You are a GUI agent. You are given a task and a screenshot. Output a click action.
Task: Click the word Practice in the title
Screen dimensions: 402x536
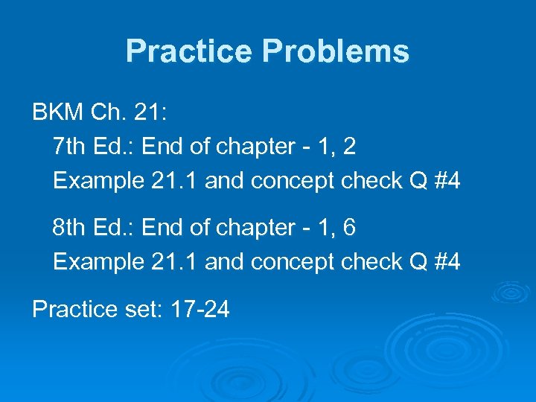[190, 51]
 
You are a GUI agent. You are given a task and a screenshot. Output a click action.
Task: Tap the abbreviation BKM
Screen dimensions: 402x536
[57, 113]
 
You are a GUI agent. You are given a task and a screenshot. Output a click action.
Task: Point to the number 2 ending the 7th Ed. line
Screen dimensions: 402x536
[349, 147]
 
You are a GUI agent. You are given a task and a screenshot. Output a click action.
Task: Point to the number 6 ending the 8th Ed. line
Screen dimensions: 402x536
[349, 228]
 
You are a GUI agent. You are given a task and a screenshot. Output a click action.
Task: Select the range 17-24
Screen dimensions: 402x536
[200, 307]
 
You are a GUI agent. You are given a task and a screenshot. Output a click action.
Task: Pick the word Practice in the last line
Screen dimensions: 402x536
[72, 307]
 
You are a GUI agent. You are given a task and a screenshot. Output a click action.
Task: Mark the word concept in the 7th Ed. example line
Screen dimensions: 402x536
[291, 181]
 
